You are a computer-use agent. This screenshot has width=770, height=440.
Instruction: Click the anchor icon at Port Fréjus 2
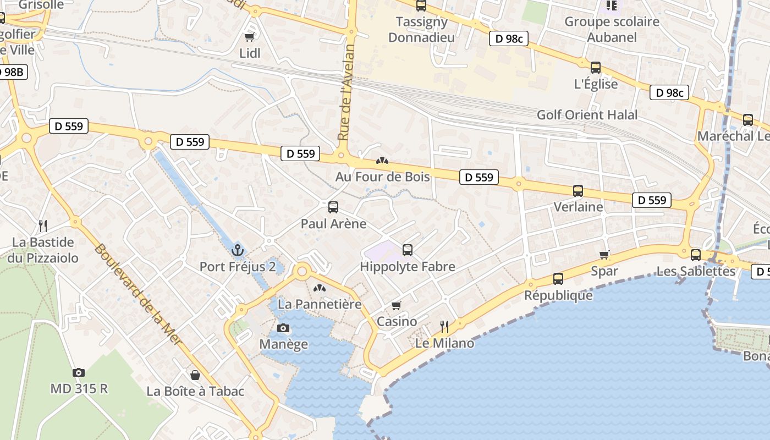(x=238, y=250)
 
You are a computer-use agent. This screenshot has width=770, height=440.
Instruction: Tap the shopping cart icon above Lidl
(x=250, y=37)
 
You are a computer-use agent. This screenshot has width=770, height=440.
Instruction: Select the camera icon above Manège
(x=283, y=328)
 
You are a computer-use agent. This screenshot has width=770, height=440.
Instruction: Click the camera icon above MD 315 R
(x=79, y=372)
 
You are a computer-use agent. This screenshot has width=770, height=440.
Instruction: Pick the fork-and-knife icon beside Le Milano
(x=444, y=327)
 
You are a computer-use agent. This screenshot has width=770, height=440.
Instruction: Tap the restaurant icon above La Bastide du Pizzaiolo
(x=43, y=226)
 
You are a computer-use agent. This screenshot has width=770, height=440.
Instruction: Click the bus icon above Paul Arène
(x=333, y=207)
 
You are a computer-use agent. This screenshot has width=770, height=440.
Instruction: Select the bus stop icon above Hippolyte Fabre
(x=408, y=250)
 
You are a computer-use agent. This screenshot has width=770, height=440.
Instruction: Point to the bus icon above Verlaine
(x=578, y=191)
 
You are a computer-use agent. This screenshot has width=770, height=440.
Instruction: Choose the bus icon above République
(x=558, y=279)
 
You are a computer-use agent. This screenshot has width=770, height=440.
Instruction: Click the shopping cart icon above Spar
(x=604, y=255)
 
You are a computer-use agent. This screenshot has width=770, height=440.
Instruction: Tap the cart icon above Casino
(x=397, y=305)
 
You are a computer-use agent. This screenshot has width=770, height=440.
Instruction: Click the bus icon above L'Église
(x=596, y=68)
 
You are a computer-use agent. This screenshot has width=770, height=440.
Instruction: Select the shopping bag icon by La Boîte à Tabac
(x=195, y=375)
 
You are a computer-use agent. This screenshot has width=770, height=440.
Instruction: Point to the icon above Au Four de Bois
(x=382, y=161)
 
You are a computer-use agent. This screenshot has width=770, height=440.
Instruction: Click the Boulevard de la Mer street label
(x=137, y=294)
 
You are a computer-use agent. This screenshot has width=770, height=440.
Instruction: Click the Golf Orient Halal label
(x=587, y=115)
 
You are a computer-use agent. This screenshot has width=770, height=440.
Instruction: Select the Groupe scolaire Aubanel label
(x=612, y=30)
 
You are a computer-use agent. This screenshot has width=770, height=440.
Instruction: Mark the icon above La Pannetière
(x=320, y=288)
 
